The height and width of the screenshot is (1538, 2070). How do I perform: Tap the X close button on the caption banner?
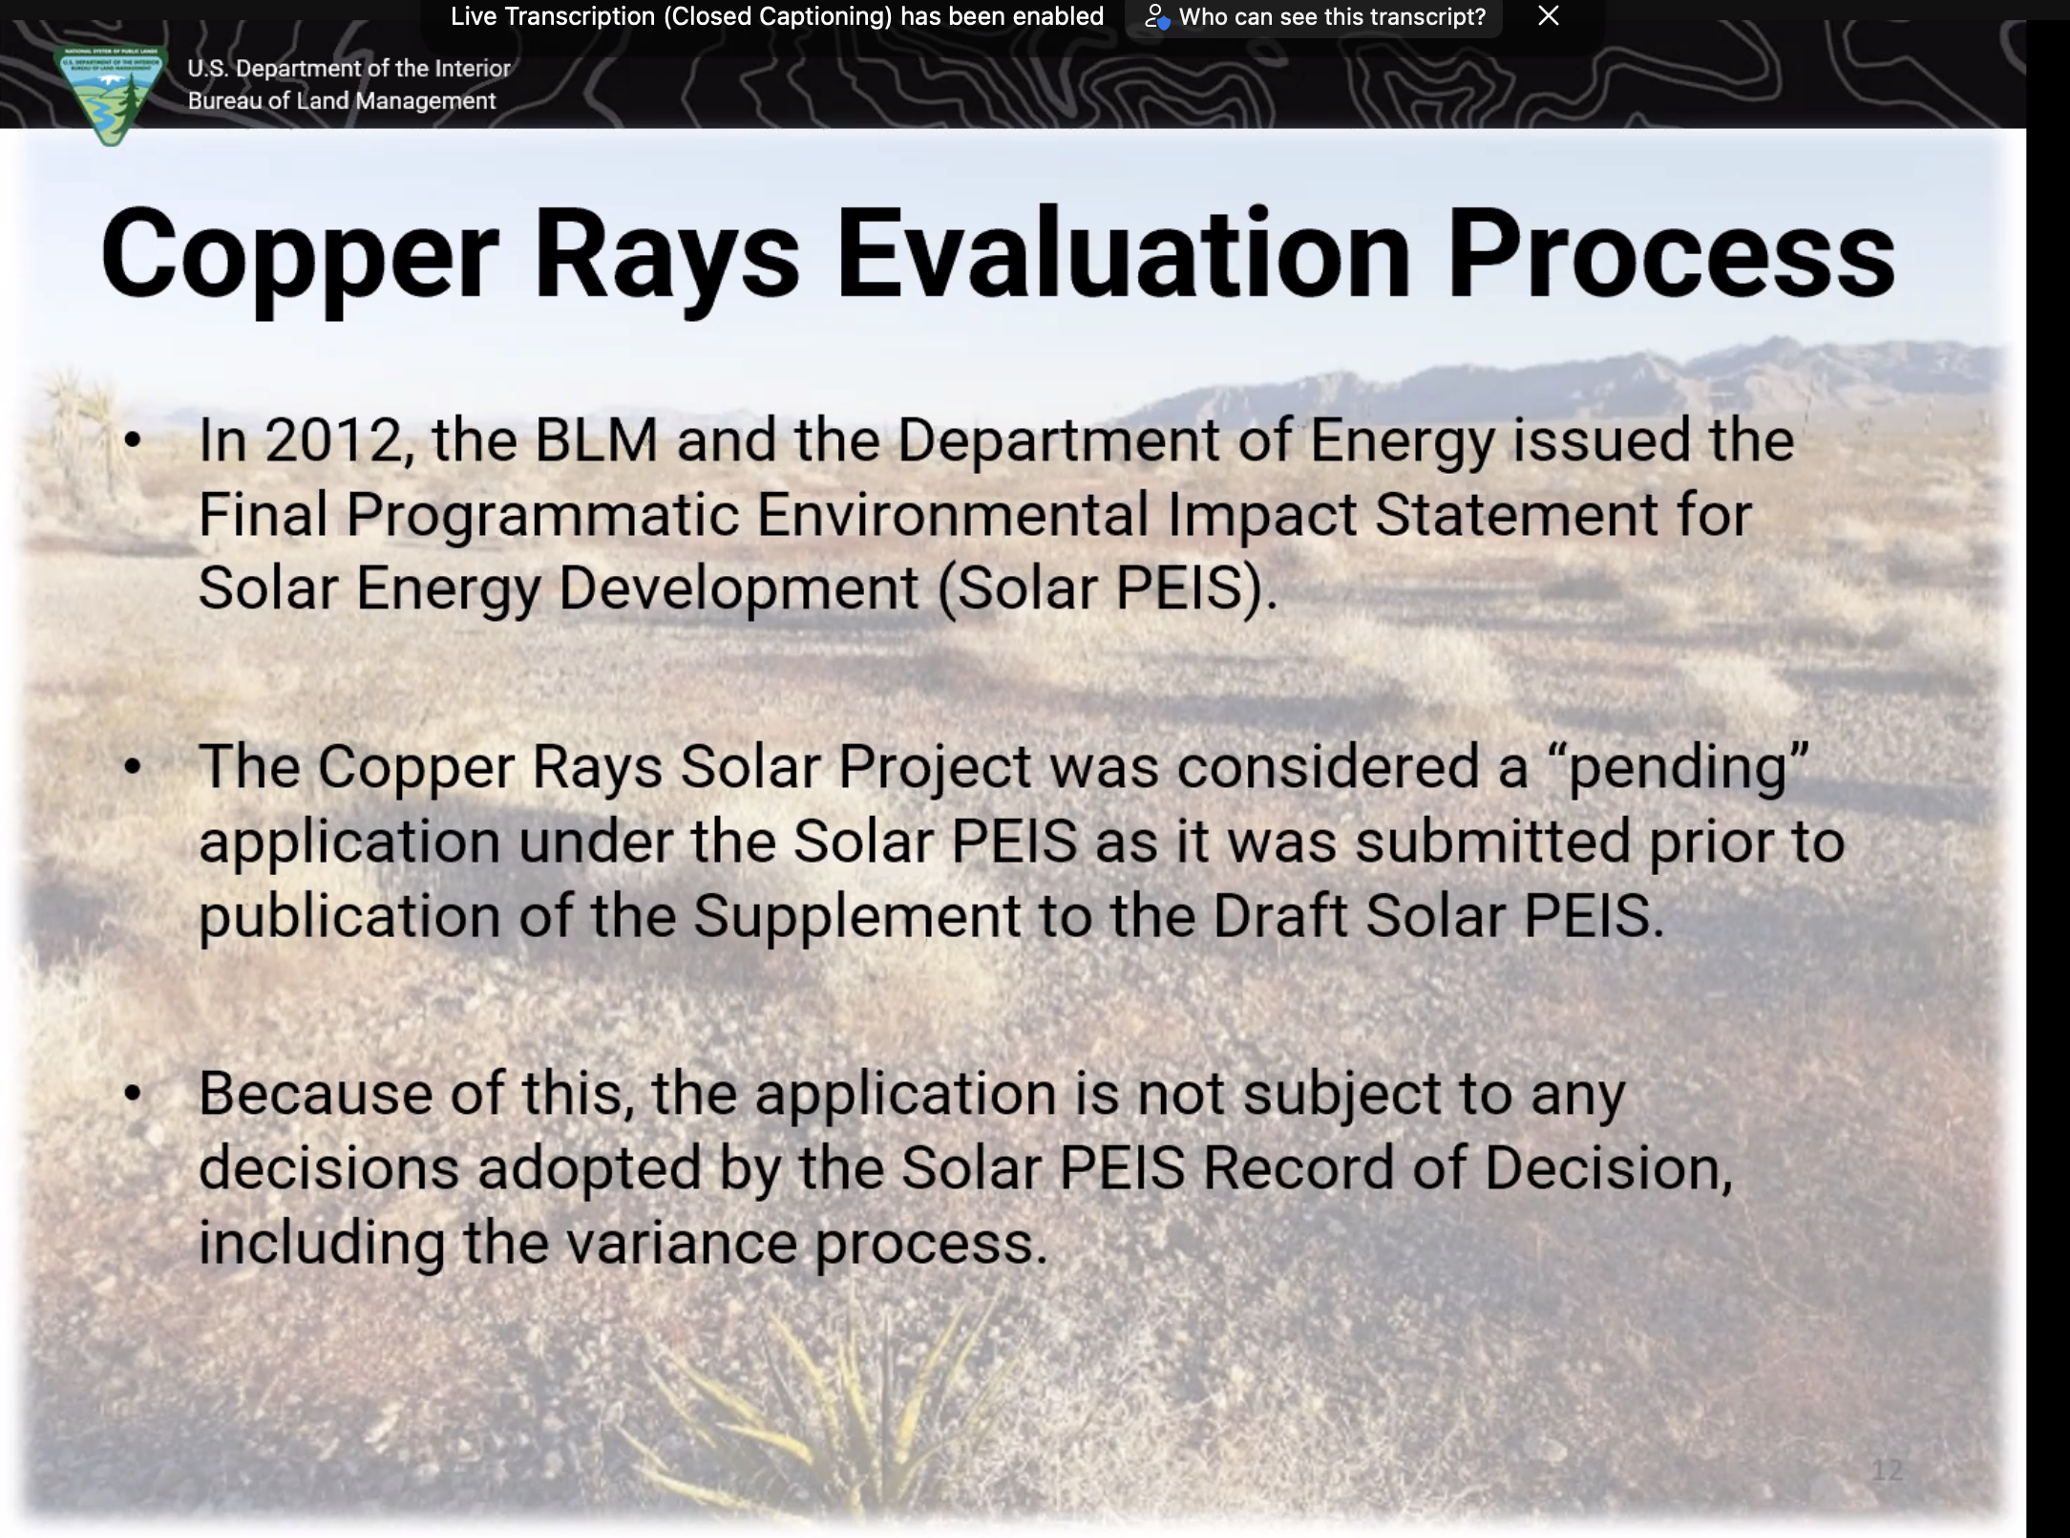(1549, 16)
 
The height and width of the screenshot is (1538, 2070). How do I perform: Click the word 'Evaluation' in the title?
(1124, 253)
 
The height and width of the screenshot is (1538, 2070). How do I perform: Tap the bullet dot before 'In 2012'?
(133, 440)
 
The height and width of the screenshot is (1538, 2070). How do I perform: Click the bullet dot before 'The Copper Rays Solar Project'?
(133, 766)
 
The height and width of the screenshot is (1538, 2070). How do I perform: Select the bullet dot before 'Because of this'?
(133, 1093)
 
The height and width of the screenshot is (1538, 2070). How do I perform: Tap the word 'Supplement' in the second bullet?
(857, 917)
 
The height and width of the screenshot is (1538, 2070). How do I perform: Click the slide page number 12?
(1887, 1470)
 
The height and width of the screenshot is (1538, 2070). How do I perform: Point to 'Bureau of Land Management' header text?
(342, 101)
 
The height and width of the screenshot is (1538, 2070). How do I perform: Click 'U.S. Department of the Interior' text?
(349, 69)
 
